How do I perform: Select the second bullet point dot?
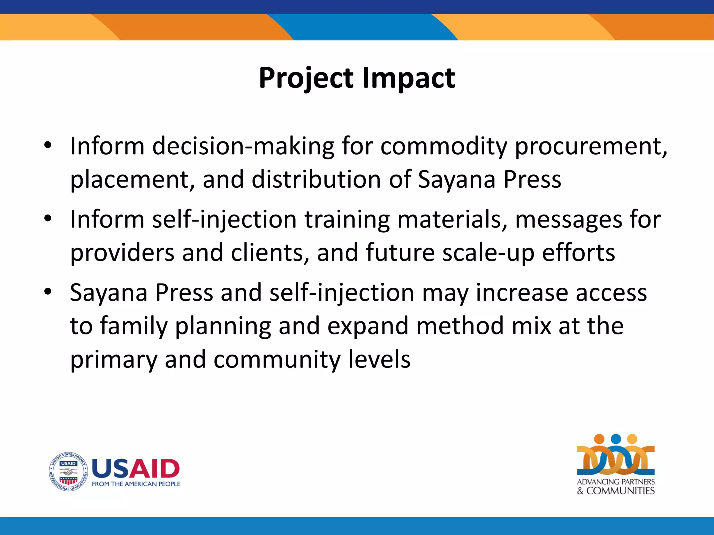click(x=48, y=218)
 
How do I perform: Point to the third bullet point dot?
click(x=48, y=291)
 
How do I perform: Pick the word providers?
click(x=122, y=253)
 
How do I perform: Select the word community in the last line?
click(x=276, y=360)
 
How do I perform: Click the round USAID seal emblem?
click(x=68, y=472)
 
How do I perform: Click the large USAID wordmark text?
click(x=136, y=468)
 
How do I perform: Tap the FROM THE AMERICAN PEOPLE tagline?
click(x=136, y=484)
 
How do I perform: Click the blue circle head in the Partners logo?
click(x=616, y=439)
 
